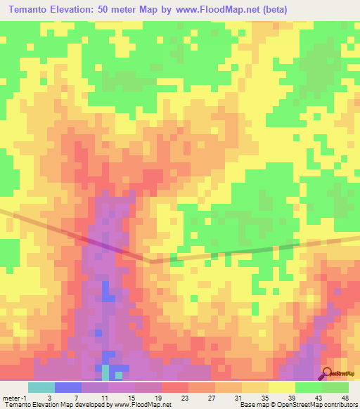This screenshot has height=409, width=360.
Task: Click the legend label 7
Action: click(x=67, y=398)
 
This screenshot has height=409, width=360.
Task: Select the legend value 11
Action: click(x=94, y=398)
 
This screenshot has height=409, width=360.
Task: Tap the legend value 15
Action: click(x=121, y=398)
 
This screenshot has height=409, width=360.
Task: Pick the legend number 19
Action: click(x=148, y=398)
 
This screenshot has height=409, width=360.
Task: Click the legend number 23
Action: click(x=175, y=398)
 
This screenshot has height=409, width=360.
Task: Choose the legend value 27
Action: click(x=202, y=398)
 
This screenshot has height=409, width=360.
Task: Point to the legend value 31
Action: click(x=229, y=398)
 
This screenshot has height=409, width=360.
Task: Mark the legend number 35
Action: click(x=255, y=398)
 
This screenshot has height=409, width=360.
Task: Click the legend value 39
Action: click(x=282, y=398)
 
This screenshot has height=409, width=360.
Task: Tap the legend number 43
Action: click(x=309, y=398)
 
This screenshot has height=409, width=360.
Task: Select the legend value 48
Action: click(x=335, y=398)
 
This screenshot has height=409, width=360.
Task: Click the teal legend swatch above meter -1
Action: click(x=41, y=387)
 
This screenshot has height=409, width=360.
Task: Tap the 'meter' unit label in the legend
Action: click(x=11, y=398)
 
